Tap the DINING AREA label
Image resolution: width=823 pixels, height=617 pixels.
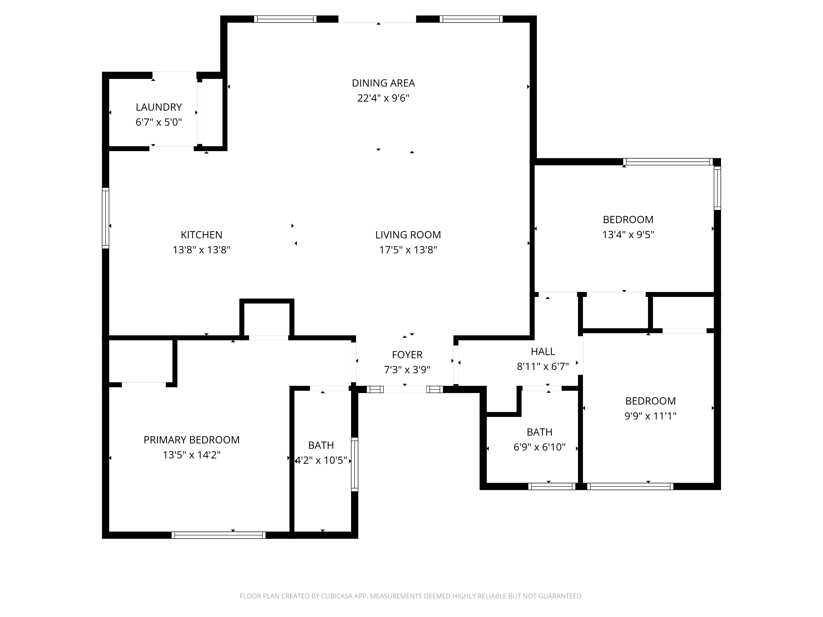point(383,83)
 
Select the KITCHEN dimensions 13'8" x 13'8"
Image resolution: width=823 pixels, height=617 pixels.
point(202,250)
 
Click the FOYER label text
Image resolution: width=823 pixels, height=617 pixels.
point(407,355)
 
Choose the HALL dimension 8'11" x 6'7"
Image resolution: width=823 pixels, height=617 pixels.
point(543,367)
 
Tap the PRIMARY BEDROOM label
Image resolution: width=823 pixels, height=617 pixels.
point(192,440)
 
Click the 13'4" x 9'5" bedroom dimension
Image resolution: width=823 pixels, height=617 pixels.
point(628,235)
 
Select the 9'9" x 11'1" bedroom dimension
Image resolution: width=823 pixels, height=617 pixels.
point(650,416)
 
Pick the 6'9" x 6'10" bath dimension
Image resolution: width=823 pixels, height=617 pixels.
point(539,447)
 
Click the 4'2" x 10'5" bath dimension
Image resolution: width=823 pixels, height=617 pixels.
point(321,460)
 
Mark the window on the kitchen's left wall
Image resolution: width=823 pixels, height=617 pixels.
point(106,218)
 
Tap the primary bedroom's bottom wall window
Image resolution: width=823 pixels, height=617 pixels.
point(218,535)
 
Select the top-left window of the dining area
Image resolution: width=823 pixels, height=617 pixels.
point(285,19)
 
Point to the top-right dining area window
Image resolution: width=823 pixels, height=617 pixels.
point(471,19)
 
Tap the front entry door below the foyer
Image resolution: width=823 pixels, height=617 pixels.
point(405,389)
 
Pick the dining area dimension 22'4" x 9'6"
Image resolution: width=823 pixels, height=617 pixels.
point(383,98)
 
